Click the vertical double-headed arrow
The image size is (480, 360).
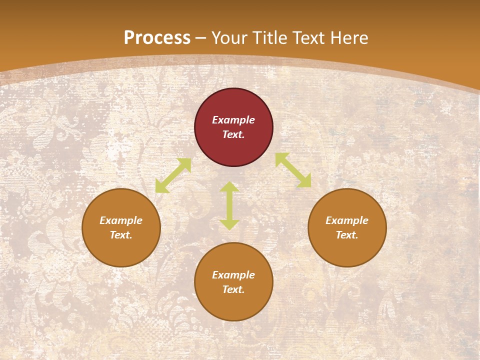coord(229,205)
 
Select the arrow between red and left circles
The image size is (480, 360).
coord(173,175)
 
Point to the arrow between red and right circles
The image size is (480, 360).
coord(293,170)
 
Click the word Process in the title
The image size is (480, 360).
coord(157,38)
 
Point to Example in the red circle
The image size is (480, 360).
coord(233,120)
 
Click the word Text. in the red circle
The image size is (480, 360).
coord(233,134)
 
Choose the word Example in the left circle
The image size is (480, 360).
coord(121,220)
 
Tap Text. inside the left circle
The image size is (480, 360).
coord(121,235)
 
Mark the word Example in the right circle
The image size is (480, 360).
coord(347,220)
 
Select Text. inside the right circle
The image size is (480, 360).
coord(347,235)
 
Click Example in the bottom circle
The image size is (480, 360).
coord(233,275)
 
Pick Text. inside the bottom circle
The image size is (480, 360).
coord(233,289)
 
